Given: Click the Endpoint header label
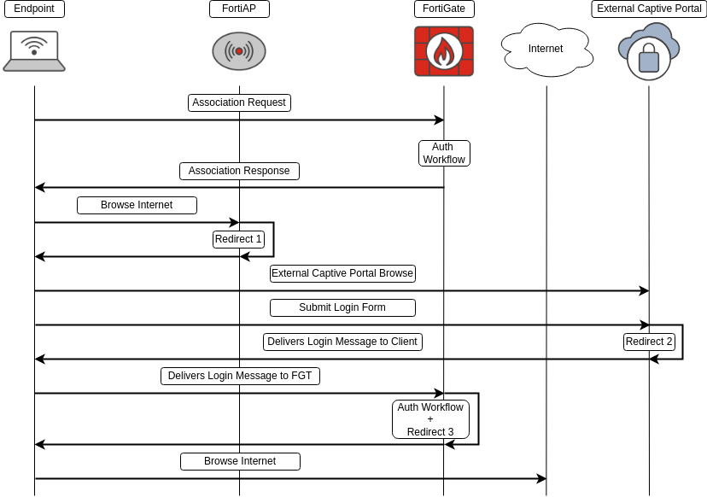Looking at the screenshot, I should coord(34,9).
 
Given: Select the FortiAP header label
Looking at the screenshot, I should coord(239,9).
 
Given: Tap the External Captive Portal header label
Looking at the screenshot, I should coord(649,9).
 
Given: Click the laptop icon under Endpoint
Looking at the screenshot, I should coord(34,51).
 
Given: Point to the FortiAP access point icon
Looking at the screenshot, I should coord(239,51).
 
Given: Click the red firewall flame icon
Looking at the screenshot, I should coord(444,51).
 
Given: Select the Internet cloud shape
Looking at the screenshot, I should coord(546,50).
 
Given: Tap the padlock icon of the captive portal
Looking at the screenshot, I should coord(649,60).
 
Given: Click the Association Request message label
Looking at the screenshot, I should coord(239,102).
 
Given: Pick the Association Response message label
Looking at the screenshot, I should coord(239,171).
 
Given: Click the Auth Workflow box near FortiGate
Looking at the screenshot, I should coord(444,153).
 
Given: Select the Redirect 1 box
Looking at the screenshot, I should coord(238,239).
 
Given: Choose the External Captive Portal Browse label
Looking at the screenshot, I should coord(342,273).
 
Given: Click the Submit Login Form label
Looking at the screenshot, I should coord(342,307).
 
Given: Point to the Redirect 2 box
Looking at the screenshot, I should coord(649,342).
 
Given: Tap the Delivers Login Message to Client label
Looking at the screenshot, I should coord(342,342).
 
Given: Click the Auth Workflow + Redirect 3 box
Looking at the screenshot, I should coord(430,419).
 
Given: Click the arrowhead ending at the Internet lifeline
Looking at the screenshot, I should coord(541,478).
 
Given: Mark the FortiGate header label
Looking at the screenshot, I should coord(444,9).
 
